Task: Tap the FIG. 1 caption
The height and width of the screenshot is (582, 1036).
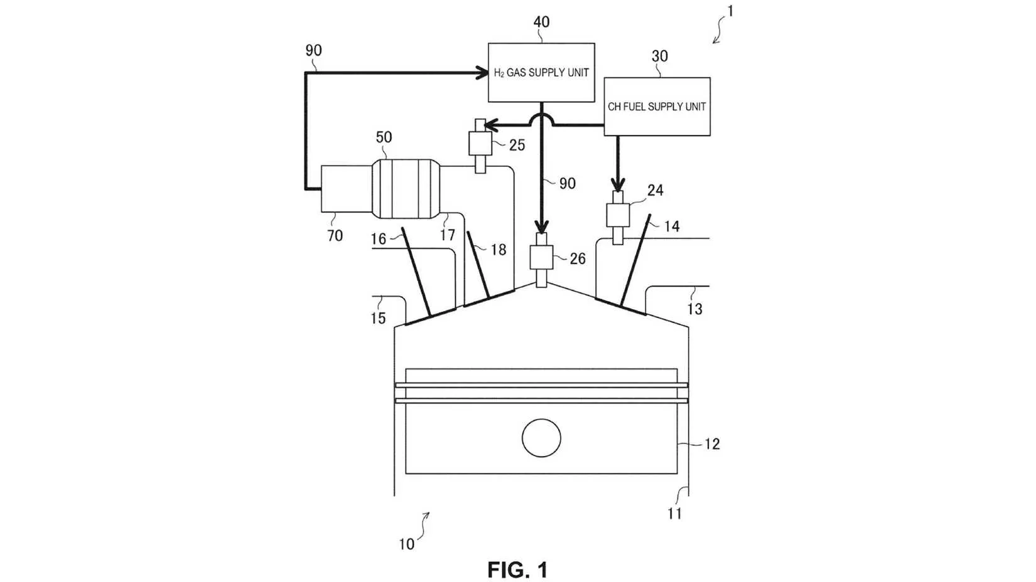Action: click(x=517, y=569)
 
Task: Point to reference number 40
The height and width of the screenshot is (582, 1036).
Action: click(x=542, y=22)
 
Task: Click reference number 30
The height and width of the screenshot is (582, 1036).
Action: click(x=659, y=56)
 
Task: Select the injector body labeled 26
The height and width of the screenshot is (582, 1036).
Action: click(x=542, y=257)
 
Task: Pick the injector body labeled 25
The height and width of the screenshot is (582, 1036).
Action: click(x=480, y=144)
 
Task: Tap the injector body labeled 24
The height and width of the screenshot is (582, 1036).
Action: click(x=618, y=214)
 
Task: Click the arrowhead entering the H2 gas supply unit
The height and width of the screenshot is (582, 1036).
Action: click(x=482, y=73)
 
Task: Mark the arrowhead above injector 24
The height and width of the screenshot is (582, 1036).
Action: click(x=618, y=185)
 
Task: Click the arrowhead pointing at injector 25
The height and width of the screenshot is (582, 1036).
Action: click(x=491, y=125)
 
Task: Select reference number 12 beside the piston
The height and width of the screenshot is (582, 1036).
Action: click(x=712, y=444)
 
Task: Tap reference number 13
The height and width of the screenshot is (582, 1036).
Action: click(x=694, y=309)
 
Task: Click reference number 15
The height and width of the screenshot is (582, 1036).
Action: click(x=378, y=318)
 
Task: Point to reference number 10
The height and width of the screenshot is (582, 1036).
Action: click(x=406, y=544)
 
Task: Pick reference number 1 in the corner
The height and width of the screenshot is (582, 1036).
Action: click(x=730, y=11)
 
